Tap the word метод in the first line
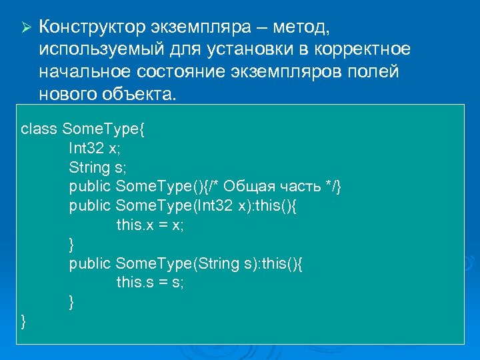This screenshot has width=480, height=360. (x=296, y=27)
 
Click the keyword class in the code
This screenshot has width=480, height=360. (x=39, y=129)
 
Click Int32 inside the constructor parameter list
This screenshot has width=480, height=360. (x=214, y=206)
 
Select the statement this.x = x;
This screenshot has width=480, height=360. (x=150, y=225)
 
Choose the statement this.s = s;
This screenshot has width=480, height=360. (x=150, y=283)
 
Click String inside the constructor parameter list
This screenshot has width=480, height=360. (x=217, y=264)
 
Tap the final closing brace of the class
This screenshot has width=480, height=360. (x=24, y=322)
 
